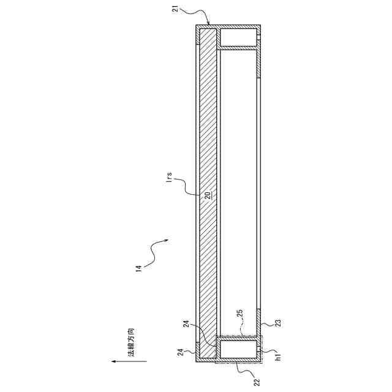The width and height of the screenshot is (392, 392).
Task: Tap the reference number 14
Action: [x=138, y=268]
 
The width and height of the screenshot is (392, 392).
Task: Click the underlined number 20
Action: [x=208, y=195]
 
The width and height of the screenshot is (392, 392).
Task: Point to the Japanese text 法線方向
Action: [x=130, y=342]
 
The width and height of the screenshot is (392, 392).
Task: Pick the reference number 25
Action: [x=240, y=314]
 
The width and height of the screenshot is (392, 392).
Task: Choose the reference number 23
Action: [x=278, y=323]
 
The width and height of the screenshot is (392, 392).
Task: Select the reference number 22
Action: [x=257, y=382]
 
